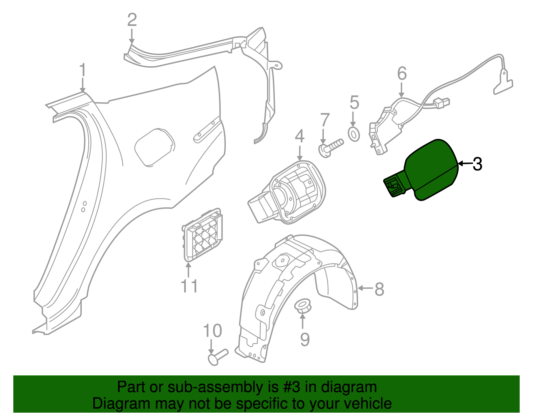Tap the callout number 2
(x=132, y=20)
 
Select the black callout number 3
(x=477, y=164)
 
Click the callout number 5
(x=354, y=103)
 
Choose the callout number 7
(x=325, y=120)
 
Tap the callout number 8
(x=379, y=289)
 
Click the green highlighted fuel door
(x=421, y=170)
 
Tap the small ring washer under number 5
(x=354, y=134)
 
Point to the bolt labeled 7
(x=331, y=148)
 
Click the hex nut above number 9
(x=303, y=306)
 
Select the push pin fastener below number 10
(x=218, y=357)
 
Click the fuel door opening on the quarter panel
(x=155, y=148)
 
